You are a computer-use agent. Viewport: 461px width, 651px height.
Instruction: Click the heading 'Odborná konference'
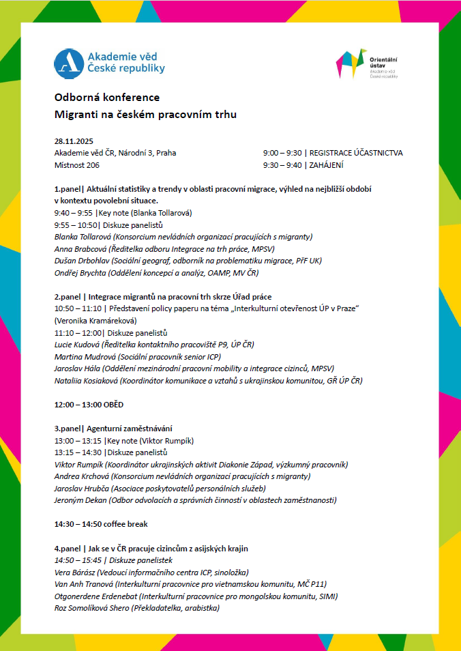coord(107,98)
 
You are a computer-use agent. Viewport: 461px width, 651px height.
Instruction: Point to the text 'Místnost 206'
coord(77,164)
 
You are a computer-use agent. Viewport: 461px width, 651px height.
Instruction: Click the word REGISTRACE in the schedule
coord(333,153)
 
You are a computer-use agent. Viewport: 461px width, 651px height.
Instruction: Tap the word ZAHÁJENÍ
coord(327,164)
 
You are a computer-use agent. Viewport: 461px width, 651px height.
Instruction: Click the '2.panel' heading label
coord(68,297)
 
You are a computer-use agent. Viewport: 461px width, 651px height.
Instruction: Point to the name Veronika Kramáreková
coord(95,321)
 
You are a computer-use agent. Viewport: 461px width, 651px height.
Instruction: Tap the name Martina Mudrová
coord(85,356)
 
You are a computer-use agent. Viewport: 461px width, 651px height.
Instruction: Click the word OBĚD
coord(113,405)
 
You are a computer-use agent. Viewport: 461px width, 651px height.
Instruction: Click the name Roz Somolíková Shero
coord(91,607)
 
